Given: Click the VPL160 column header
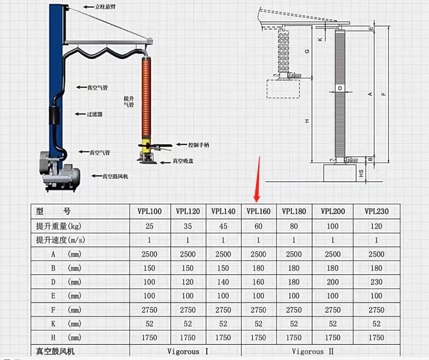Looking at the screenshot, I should coord(258,211).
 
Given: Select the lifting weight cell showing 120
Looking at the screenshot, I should coord(376,226).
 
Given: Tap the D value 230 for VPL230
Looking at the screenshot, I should coord(376,282).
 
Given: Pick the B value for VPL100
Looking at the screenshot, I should coord(149,268).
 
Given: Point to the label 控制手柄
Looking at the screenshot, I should coord(198,145).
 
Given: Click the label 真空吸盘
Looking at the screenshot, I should coord(183,161).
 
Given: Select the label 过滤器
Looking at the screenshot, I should coord(94,114).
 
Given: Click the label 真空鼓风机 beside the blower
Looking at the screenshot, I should coord(115,176).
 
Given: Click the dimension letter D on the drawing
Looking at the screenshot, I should coord(339,88).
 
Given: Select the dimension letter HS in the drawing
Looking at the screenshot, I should coord(361,173).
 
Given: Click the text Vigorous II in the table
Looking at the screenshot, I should coord(313,351).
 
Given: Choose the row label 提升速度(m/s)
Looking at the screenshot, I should coord(60,240).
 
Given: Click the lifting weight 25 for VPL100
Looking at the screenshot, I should coord(149,226).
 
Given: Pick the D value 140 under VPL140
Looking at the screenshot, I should coord(223,282).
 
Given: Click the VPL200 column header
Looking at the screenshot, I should coord(333,211).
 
